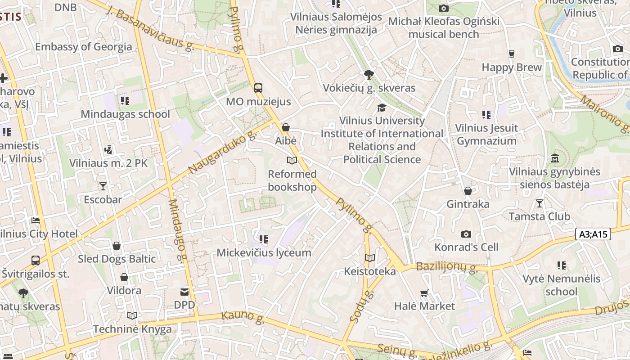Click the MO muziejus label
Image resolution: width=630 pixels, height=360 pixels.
pyautogui.click(x=258, y=102)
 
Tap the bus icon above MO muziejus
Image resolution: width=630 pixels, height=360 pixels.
pyautogui.click(x=258, y=88)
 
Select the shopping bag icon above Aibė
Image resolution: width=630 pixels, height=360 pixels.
pyautogui.click(x=285, y=128)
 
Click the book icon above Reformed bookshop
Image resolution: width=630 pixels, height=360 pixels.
pyautogui.click(x=292, y=161)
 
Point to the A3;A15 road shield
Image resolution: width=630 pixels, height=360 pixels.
pyautogui.click(x=593, y=234)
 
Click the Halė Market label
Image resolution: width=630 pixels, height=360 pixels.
pyautogui.click(x=424, y=306)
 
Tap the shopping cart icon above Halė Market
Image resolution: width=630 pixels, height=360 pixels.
pyautogui.click(x=424, y=293)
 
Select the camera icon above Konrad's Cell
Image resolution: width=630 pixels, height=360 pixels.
pyautogui.click(x=466, y=234)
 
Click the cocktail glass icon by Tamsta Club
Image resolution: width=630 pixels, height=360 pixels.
pyautogui.click(x=539, y=203)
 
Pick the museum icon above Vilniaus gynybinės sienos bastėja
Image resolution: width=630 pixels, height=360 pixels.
pyautogui.click(x=554, y=159)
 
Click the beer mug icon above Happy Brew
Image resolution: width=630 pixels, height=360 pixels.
pyautogui.click(x=511, y=54)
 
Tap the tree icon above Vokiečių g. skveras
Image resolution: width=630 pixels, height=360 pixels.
pyautogui.click(x=369, y=75)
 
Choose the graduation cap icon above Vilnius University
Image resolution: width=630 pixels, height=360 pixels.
pyautogui.click(x=382, y=108)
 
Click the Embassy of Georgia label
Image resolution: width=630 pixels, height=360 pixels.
pyautogui.click(x=84, y=47)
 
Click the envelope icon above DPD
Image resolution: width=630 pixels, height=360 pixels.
pyautogui.click(x=184, y=292)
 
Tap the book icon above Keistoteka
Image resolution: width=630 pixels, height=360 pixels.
pyautogui.click(x=369, y=258)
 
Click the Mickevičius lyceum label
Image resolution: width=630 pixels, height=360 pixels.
pyautogui.click(x=264, y=253)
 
